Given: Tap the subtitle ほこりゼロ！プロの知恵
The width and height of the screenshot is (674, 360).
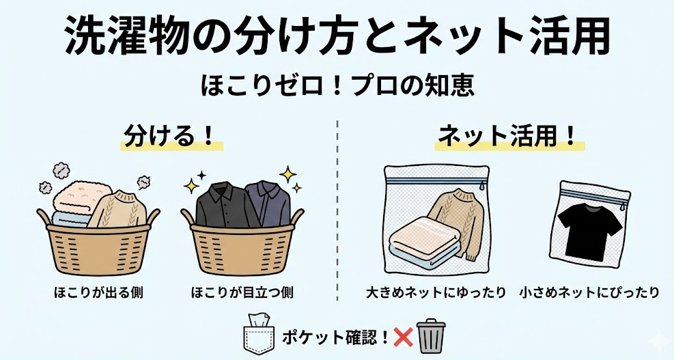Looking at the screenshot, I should tap(337, 88).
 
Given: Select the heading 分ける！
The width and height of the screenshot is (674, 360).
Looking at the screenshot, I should tap(171, 135).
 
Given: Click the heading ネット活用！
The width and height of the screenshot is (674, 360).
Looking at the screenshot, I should tap(509, 135).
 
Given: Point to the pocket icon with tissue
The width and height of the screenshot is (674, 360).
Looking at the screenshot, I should tap(259, 335).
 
